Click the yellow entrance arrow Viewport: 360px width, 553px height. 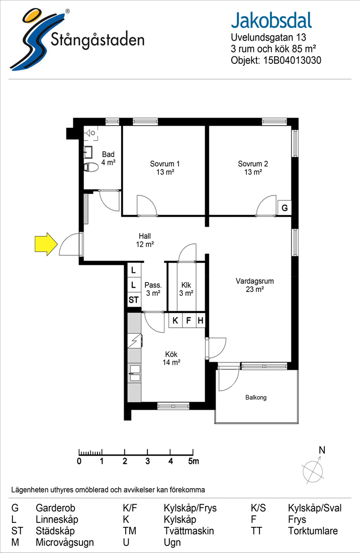click(x=46, y=244)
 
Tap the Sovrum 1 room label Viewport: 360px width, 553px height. click(x=165, y=168)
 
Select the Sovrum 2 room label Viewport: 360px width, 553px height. click(x=253, y=168)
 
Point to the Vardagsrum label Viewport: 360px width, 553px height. click(x=254, y=285)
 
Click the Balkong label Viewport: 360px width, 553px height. click(x=256, y=398)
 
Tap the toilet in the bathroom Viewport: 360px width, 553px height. click(x=91, y=167)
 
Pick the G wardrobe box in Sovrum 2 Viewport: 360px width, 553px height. click(x=285, y=208)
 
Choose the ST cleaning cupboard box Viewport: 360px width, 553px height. click(x=134, y=300)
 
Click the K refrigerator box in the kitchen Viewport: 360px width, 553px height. click(x=175, y=321)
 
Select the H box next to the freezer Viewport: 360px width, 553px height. click(x=200, y=321)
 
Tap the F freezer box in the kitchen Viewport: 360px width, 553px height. click(x=189, y=321)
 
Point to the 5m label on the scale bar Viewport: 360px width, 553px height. click(x=194, y=461)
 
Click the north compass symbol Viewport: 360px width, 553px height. click(x=313, y=467)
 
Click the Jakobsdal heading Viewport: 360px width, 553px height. click(x=272, y=21)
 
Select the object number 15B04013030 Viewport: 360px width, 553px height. click(x=292, y=60)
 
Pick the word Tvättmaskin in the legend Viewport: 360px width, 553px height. click(x=189, y=531)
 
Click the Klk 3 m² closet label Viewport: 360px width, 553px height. click(x=186, y=289)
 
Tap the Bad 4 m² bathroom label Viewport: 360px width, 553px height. click(x=108, y=158)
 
